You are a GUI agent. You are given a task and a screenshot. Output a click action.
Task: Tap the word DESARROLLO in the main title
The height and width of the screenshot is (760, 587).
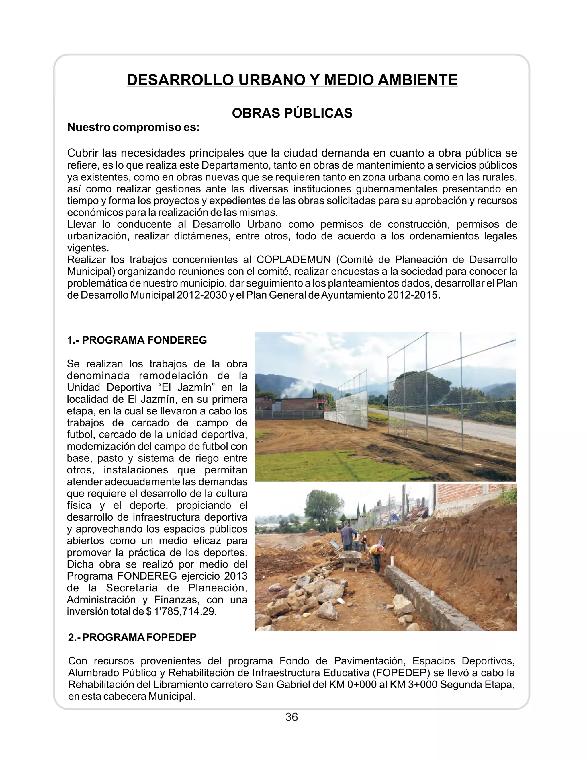tap(179, 80)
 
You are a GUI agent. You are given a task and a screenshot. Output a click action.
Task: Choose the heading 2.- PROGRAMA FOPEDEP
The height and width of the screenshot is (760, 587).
tap(132, 637)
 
